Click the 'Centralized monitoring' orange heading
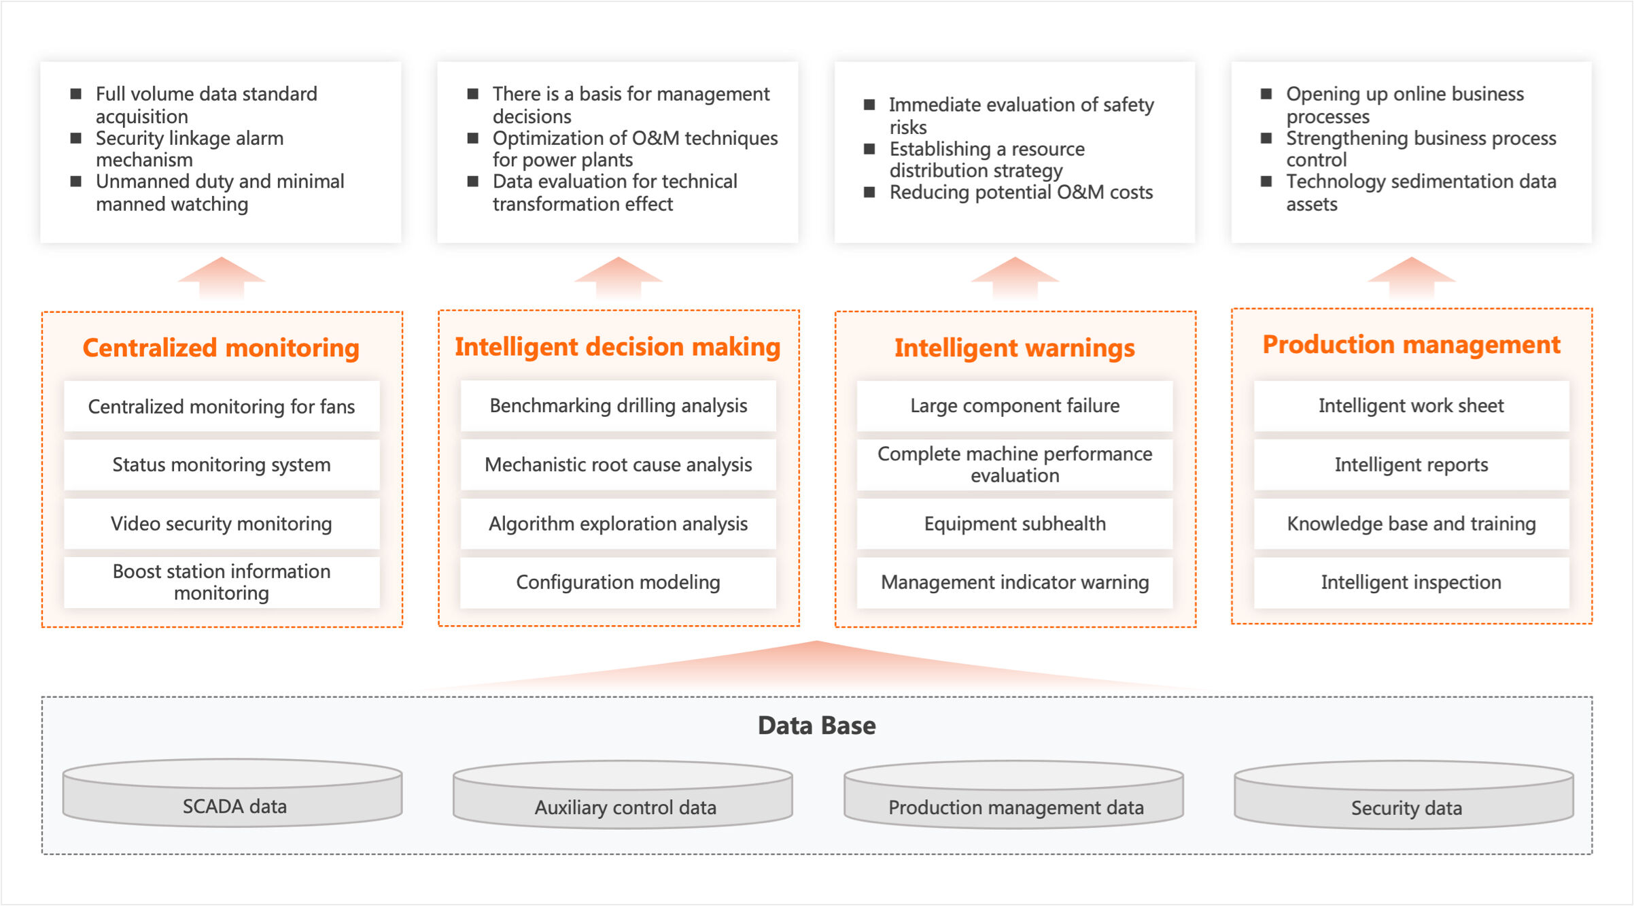coord(221,348)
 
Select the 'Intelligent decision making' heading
coord(618,347)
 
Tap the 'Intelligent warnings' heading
coord(1015,348)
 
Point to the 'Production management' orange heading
coord(1412,345)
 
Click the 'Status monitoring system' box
coord(222,465)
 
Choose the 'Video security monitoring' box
coord(222,524)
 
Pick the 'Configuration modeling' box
coord(618,582)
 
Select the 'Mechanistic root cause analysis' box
coord(618,465)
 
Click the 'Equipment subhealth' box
coord(1015,524)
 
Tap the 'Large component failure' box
coord(1015,405)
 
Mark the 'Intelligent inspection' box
coord(1412,582)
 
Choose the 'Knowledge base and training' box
coord(1412,524)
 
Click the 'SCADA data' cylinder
coord(232,793)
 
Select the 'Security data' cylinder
coord(1404,794)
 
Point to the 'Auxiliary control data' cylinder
coord(623,794)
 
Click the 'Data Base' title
coord(817,726)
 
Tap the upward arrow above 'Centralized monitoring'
coord(222,278)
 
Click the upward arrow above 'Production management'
coord(1412,278)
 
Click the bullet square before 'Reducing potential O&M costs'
coord(869,192)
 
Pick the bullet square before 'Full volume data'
coord(76,93)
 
